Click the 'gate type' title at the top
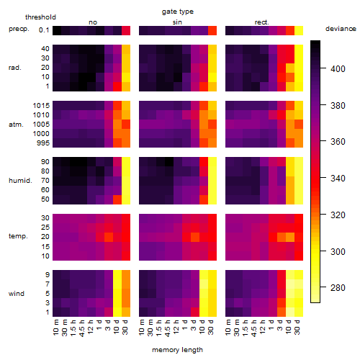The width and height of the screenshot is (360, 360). [x=178, y=12]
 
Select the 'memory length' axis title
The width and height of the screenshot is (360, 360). [x=177, y=350]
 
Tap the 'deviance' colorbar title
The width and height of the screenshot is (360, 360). [x=341, y=29]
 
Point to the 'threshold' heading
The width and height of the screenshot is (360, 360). [x=40, y=17]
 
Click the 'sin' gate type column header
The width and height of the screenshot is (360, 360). [x=177, y=22]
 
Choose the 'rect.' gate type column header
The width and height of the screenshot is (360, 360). [x=262, y=22]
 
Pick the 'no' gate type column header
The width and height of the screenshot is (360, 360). [x=93, y=22]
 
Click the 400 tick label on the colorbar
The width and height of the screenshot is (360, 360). [x=338, y=69]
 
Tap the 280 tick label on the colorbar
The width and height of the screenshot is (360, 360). [x=338, y=287]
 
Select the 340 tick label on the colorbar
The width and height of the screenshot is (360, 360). [x=338, y=179]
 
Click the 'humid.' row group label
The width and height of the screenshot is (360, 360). [x=20, y=181]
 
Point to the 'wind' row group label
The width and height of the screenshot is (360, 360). [x=17, y=294]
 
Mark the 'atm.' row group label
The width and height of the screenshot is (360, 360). [x=16, y=125]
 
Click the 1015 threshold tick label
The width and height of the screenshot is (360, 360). [x=41, y=106]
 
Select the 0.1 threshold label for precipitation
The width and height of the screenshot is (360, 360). [x=44, y=30]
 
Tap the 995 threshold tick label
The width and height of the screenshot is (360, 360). [x=43, y=143]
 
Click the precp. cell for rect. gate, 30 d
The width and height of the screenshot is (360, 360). [x=299, y=30]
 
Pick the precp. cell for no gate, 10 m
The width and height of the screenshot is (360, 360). [x=57, y=30]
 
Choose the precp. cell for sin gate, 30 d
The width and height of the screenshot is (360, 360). [x=212, y=30]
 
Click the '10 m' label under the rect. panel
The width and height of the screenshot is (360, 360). [x=228, y=327]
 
